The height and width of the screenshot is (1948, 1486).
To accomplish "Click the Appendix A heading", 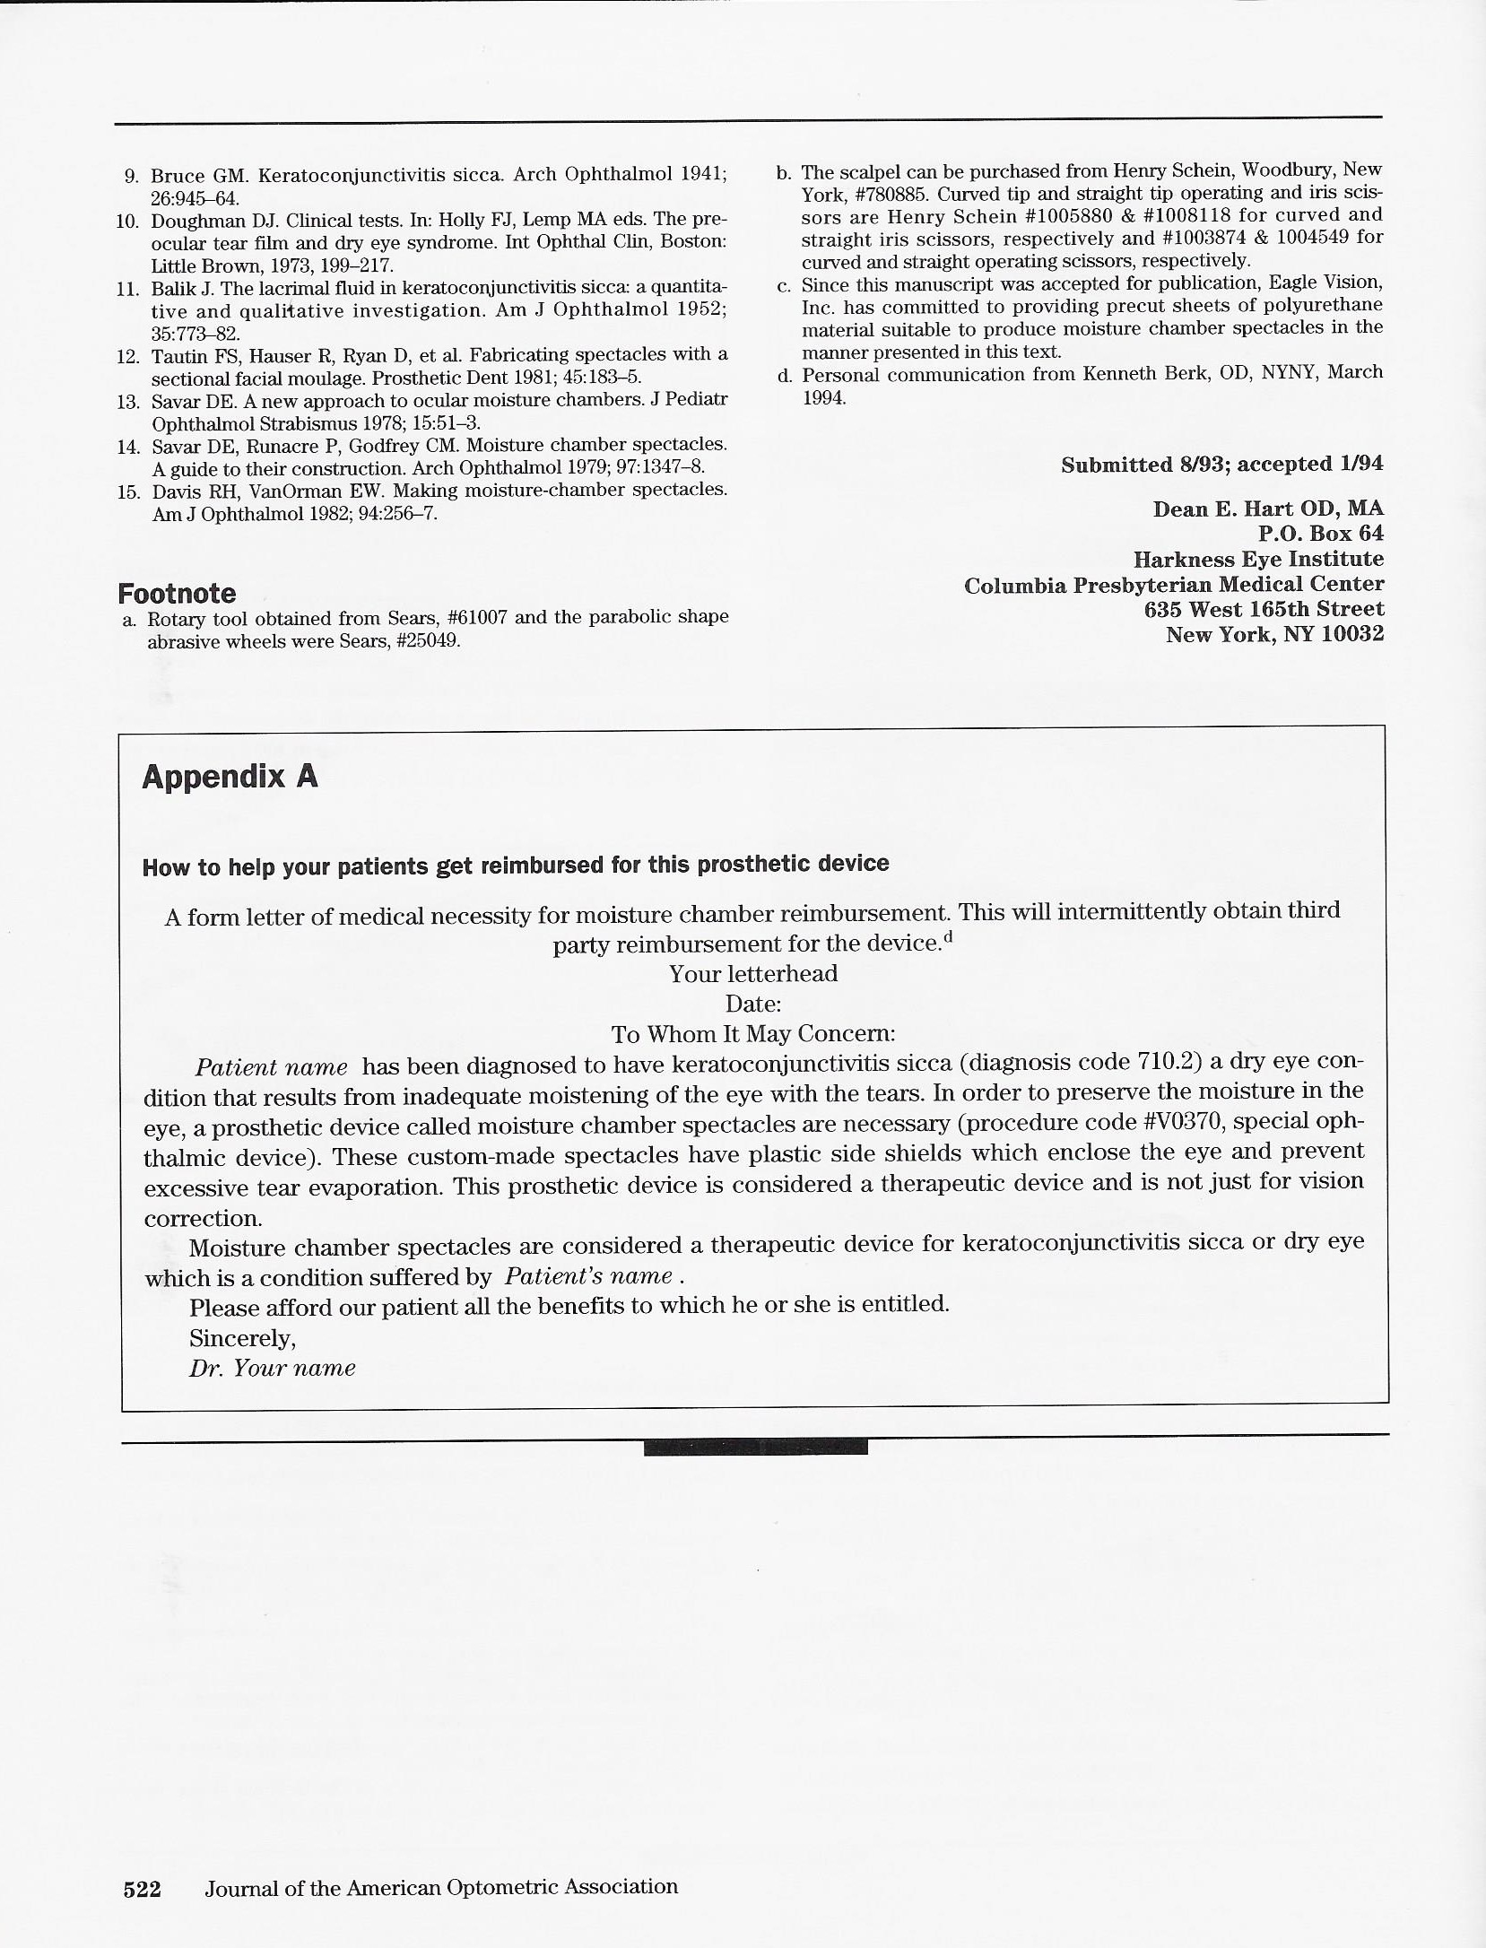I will click(x=230, y=777).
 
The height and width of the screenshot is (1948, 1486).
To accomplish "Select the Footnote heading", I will click(x=177, y=593).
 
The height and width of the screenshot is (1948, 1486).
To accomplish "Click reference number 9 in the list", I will click(x=129, y=176).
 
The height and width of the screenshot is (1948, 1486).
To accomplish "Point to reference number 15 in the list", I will click(x=126, y=491).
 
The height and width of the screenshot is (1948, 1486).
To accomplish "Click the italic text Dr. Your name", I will click(x=273, y=1368).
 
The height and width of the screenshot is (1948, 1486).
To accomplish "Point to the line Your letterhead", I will click(x=753, y=974).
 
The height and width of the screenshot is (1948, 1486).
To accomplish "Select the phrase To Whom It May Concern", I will click(x=753, y=1033).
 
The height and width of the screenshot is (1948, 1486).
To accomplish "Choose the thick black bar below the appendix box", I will click(x=755, y=1447).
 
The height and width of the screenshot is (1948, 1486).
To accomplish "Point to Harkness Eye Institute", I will click(x=1258, y=559).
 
